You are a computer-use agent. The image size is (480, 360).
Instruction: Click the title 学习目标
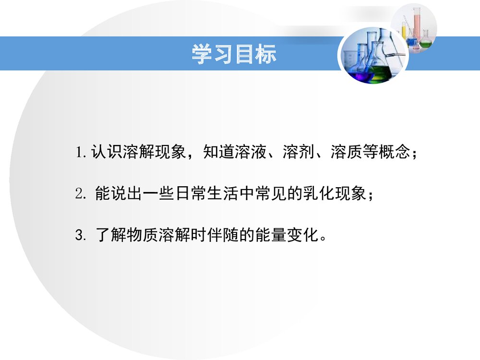pyautogui.click(x=234, y=54)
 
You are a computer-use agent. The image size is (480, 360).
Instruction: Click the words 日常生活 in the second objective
pyautogui.click(x=206, y=194)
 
